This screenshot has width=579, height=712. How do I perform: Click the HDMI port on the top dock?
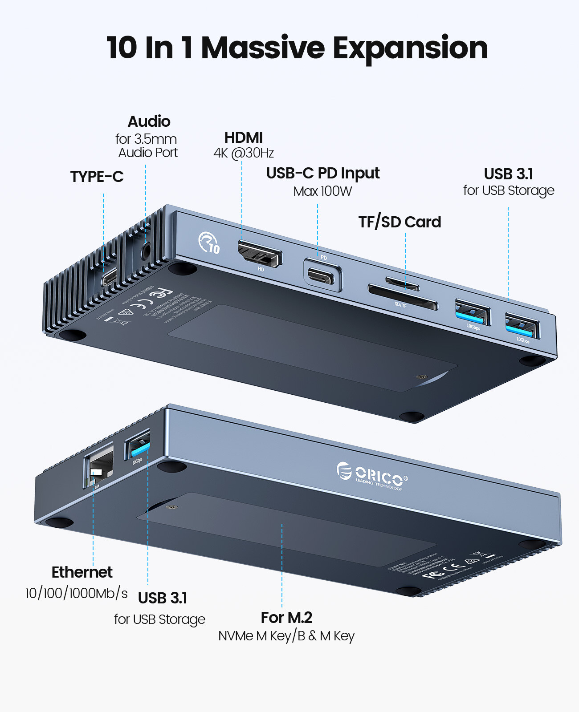[260, 254]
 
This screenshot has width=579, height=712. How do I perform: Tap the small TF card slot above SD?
[402, 283]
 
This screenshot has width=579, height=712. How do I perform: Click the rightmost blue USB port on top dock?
[522, 327]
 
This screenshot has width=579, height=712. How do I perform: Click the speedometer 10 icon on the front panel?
[209, 243]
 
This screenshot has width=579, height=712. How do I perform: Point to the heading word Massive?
[263, 48]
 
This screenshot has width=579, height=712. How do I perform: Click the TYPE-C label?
[97, 177]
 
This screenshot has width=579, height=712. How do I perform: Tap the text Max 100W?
[322, 191]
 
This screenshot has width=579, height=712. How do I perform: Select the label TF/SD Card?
[400, 222]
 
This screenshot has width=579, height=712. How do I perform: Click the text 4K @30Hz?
[243, 153]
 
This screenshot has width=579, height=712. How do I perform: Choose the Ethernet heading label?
[82, 572]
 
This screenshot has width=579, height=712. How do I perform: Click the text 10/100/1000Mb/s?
[77, 593]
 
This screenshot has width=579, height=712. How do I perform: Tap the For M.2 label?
[286, 618]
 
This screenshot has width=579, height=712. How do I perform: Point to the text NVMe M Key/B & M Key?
[286, 636]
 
